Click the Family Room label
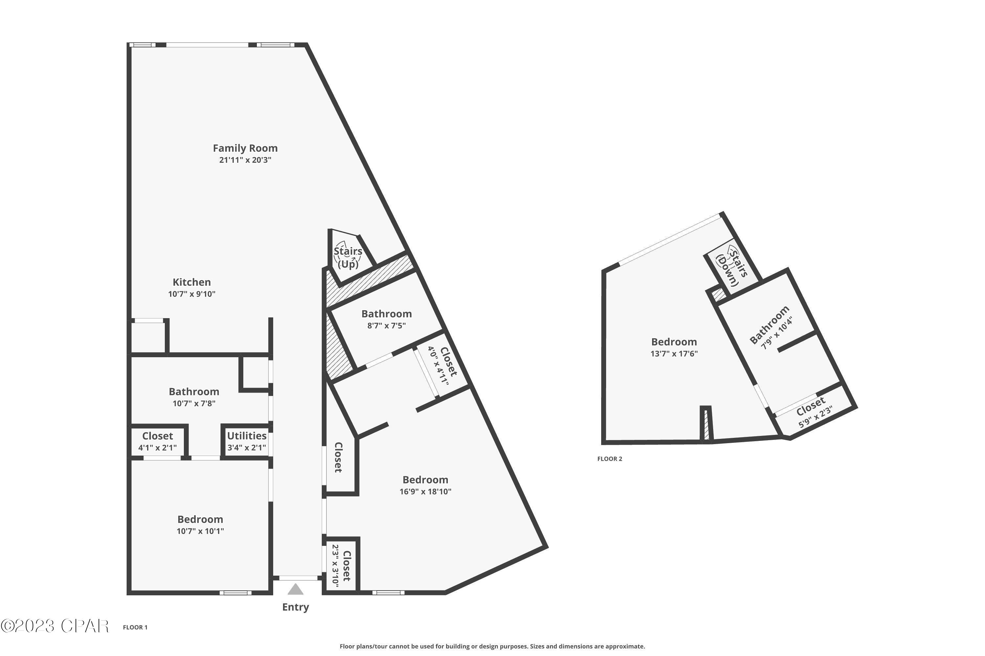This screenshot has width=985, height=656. [245, 149]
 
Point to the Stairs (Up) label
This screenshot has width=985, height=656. [348, 257]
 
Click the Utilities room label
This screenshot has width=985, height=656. [247, 436]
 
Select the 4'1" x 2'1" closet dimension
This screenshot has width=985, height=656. [158, 448]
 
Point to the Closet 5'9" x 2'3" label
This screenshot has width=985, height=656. [812, 412]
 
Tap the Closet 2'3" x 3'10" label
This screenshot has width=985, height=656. [341, 565]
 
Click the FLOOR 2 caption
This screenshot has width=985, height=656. [609, 459]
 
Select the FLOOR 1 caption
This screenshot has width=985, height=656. [135, 627]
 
